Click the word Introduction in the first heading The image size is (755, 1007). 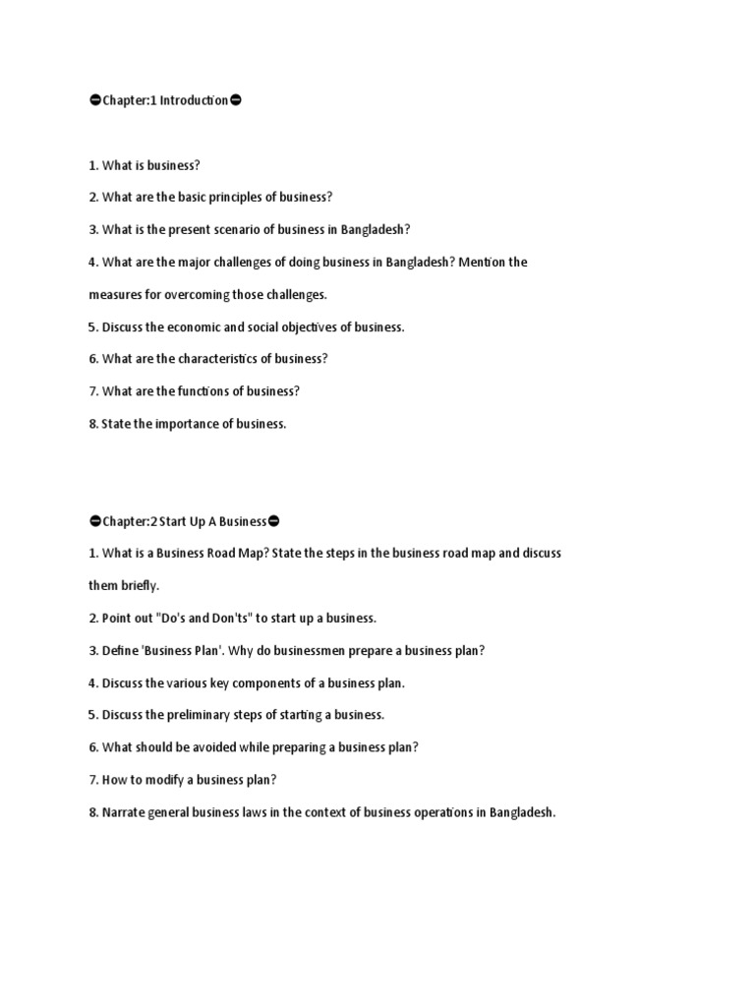pos(194,100)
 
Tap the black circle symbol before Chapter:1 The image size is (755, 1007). pos(94,100)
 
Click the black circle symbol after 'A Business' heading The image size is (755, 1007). pos(273,520)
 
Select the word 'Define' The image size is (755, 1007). pos(120,650)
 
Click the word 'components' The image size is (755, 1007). pos(275,682)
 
